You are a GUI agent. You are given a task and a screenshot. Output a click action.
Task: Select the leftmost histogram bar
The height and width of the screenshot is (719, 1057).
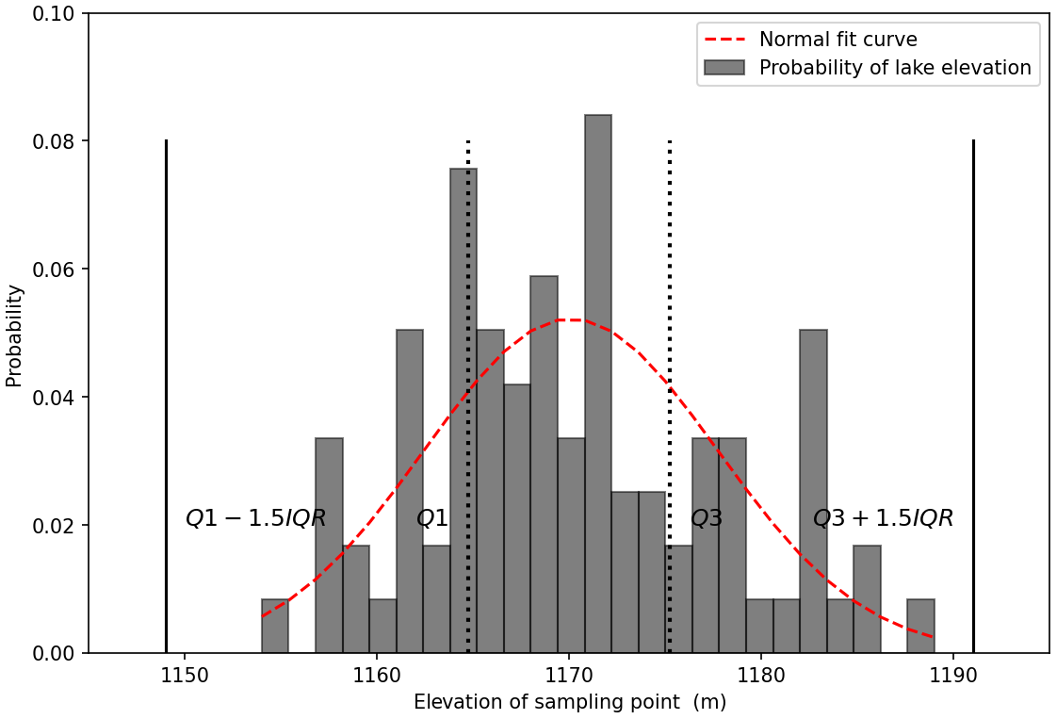(x=275, y=627)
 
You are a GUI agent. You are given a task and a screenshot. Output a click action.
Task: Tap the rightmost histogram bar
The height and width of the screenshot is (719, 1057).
(x=920, y=627)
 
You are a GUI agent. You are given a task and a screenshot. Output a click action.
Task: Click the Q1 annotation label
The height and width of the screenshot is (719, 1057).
(x=432, y=518)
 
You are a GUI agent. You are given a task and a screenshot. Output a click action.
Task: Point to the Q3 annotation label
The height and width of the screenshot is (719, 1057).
(x=707, y=518)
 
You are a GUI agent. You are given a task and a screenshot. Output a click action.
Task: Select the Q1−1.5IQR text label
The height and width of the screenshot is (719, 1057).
(x=255, y=518)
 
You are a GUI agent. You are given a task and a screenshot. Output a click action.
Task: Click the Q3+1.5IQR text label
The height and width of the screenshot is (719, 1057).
(x=883, y=518)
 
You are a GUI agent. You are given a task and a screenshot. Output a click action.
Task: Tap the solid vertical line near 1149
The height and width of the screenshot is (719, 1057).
(x=166, y=396)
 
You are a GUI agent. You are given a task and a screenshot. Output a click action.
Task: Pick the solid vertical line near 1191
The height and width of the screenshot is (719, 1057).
(x=973, y=396)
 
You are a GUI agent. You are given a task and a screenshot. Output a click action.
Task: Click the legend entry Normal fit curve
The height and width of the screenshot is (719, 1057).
(x=837, y=40)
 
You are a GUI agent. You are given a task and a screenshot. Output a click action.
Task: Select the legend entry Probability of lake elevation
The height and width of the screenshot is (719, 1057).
(x=894, y=68)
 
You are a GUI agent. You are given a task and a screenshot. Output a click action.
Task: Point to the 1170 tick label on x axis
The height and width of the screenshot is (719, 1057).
(x=568, y=677)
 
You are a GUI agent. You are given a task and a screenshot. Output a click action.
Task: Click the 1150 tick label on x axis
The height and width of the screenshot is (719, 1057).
(x=184, y=677)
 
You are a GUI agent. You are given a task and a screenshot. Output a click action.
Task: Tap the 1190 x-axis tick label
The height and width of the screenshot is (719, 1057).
(x=952, y=677)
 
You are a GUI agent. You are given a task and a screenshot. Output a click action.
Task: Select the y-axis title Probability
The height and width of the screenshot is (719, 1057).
(x=14, y=335)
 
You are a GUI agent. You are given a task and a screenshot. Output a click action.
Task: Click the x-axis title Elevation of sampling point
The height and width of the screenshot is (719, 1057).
(x=569, y=702)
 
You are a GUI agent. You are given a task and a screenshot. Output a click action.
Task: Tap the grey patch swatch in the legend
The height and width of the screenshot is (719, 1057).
(x=724, y=68)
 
